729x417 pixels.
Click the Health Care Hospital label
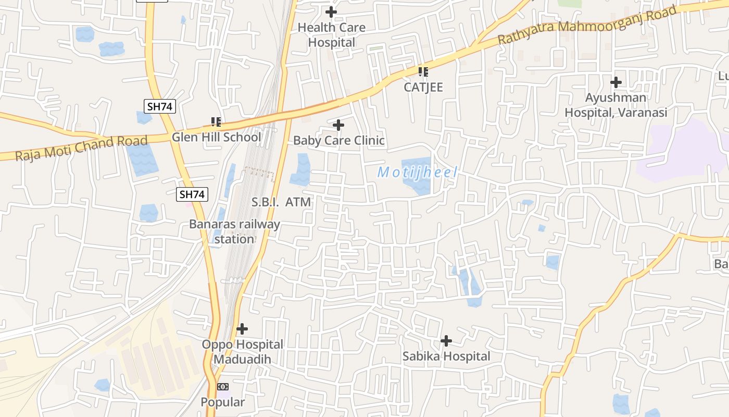click(331, 35)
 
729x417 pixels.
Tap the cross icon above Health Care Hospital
click(331, 11)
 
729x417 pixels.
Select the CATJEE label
click(423, 87)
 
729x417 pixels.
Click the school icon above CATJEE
click(423, 71)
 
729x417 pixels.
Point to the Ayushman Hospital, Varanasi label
click(616, 105)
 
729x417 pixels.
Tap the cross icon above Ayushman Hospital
click(616, 82)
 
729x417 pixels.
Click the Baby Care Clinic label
click(339, 140)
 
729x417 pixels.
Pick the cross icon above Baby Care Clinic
click(338, 125)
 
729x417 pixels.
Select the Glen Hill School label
click(217, 137)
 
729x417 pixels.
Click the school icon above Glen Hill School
click(216, 122)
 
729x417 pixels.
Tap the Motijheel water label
click(418, 172)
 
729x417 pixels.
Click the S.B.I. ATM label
click(281, 202)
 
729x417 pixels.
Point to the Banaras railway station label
click(234, 231)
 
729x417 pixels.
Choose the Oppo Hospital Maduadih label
click(243, 352)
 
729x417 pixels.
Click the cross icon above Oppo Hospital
click(242, 329)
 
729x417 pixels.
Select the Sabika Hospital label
click(446, 357)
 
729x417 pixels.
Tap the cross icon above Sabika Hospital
click(446, 341)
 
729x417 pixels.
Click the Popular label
click(223, 402)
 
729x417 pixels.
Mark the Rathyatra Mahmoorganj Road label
click(587, 25)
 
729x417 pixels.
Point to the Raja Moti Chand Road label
click(82, 149)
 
